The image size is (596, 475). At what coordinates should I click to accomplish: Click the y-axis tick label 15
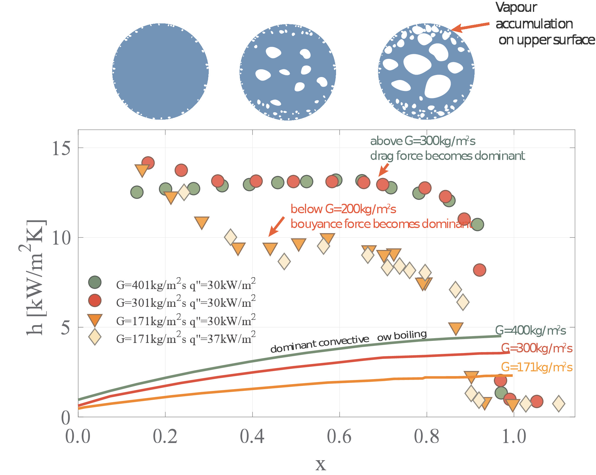(x=61, y=148)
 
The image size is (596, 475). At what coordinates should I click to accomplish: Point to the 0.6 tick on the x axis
(x=339, y=437)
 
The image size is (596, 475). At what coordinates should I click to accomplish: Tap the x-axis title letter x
(x=321, y=464)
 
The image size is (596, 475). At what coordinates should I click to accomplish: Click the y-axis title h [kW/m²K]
(x=35, y=277)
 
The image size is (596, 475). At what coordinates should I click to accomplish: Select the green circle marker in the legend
(x=95, y=282)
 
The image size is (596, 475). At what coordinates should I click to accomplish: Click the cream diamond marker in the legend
(x=95, y=337)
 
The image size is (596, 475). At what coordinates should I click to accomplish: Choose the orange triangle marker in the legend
(x=95, y=320)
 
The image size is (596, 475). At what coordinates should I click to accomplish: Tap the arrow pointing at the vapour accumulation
(x=470, y=27)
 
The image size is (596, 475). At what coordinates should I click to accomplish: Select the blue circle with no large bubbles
(x=160, y=71)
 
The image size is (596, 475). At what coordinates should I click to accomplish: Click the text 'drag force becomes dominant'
(x=447, y=156)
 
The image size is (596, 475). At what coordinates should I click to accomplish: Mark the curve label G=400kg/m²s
(x=531, y=330)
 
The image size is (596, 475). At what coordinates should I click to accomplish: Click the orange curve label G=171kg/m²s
(x=536, y=368)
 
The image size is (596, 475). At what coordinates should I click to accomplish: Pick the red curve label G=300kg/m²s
(x=536, y=349)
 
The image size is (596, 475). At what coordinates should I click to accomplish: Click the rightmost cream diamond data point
(x=559, y=403)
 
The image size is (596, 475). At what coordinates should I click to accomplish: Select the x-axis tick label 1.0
(x=514, y=437)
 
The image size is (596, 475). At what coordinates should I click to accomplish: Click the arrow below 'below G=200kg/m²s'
(x=276, y=227)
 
